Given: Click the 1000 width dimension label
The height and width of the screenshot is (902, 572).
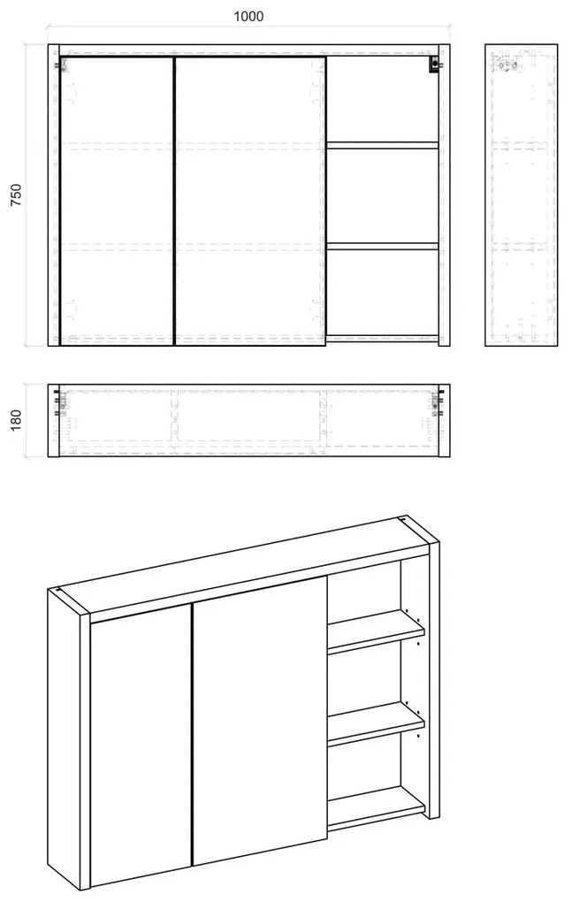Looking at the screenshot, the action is tap(248, 16).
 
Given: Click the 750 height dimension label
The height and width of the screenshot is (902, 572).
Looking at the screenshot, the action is tap(16, 195).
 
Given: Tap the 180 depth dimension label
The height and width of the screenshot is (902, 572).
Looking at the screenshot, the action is tap(16, 420).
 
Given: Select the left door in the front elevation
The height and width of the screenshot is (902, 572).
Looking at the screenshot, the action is tap(117, 201).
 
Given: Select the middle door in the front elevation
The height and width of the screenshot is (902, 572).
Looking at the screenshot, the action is tap(250, 201).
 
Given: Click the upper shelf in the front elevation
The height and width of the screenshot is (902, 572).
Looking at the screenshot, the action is tap(382, 146).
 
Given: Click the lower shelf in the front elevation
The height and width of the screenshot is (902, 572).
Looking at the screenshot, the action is tap(382, 246).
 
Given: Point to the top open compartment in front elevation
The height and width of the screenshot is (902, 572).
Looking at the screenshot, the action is tap(382, 99).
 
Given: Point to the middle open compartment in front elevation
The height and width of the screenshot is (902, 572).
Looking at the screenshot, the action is tap(382, 195).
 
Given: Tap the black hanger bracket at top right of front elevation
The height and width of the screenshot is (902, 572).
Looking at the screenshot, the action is tap(434, 65).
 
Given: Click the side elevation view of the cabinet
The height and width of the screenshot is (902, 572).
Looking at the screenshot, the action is tap(521, 195).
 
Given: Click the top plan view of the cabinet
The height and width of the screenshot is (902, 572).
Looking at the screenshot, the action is tap(249, 421).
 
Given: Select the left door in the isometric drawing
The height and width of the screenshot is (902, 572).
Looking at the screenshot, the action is tap(141, 743).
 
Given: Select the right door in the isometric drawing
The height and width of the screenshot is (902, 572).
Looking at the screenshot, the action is tap(260, 721).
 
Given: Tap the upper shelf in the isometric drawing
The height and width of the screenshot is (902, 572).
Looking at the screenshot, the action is tap(376, 631).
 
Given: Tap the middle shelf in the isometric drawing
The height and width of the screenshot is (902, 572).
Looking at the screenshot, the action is tap(376, 723).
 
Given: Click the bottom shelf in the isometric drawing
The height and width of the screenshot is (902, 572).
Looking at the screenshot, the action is tap(376, 808).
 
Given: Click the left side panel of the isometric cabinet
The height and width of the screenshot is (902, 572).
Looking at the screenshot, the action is tap(69, 739).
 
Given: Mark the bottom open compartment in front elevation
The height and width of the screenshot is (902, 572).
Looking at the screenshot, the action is tap(382, 293).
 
